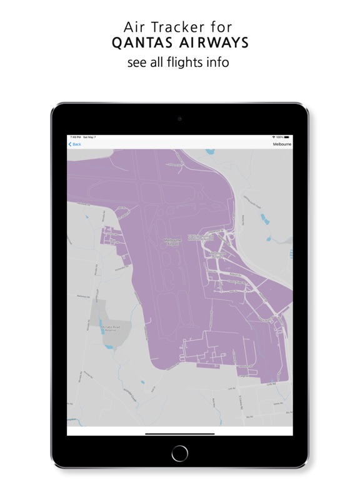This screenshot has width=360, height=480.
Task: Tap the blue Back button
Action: pyautogui.click(x=75, y=144)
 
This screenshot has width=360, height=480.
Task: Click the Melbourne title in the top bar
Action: pyautogui.click(x=282, y=144)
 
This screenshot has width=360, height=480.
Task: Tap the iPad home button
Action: pyautogui.click(x=180, y=452)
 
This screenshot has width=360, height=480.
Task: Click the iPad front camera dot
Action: pyautogui.click(x=180, y=118)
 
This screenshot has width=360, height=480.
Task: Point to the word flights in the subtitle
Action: pyautogui.click(x=187, y=62)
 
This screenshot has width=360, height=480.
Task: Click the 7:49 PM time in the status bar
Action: pyautogui.click(x=75, y=137)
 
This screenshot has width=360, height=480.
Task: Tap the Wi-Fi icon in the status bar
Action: pyautogui.click(x=274, y=137)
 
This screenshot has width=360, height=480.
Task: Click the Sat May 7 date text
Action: pyautogui.click(x=89, y=137)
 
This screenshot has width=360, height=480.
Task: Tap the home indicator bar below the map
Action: pyautogui.click(x=180, y=433)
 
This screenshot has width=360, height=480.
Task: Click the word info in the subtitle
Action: pyautogui.click(x=219, y=62)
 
